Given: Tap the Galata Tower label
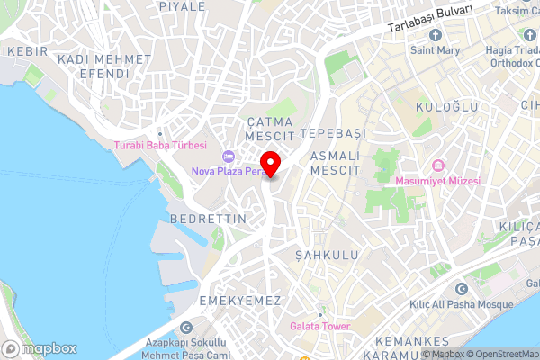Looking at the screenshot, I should tap(320, 326).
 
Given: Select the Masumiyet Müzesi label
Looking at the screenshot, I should tap(438, 181).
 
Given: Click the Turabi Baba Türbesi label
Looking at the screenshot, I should tap(160, 145).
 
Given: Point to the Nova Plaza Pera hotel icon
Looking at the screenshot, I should tap(228, 157).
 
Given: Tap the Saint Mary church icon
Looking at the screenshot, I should tap(436, 35).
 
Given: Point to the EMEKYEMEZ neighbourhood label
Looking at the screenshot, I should tap(240, 300).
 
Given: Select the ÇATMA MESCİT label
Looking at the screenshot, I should tap(271, 128).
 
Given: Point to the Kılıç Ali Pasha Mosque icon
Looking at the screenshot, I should tap(461, 290).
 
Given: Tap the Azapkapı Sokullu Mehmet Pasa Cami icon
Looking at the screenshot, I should tap(186, 328).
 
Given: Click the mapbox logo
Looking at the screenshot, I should tap(39, 348).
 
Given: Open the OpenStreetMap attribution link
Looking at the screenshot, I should tap(502, 354).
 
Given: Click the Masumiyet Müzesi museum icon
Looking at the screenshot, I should tap(438, 166).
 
